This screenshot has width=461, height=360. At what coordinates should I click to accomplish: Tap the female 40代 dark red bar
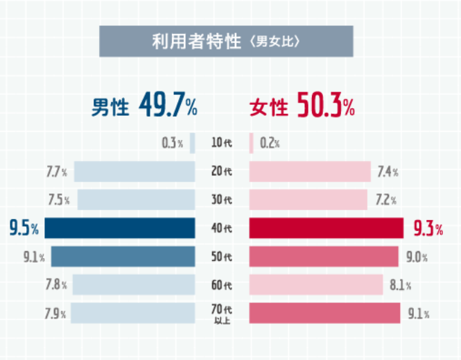pyautogui.click(x=326, y=228)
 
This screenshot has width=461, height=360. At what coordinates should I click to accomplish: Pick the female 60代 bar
pyautogui.click(x=315, y=284)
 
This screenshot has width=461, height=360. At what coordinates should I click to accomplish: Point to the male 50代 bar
pyautogui.click(x=123, y=256)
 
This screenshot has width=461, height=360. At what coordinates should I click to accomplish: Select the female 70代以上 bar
pyautogui.click(x=324, y=313)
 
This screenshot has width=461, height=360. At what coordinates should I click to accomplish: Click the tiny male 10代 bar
pyautogui.click(x=192, y=143)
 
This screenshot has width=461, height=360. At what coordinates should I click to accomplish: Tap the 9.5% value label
pyautogui.click(x=24, y=228)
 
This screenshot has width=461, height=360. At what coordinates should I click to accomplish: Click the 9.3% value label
pyautogui.click(x=427, y=228)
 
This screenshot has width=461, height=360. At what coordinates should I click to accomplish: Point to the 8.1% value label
pyautogui.click(x=399, y=284)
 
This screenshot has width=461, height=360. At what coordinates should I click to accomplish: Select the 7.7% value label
pyautogui.click(x=56, y=171)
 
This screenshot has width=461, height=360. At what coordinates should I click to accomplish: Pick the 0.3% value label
pyautogui.click(x=171, y=143)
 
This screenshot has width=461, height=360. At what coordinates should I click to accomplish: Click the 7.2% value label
pyautogui.click(x=385, y=200)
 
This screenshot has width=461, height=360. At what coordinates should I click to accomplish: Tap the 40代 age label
pyautogui.click(x=221, y=228)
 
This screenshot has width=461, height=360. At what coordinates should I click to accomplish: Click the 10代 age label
pyautogui.click(x=221, y=143)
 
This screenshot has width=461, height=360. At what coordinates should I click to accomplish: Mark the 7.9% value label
pyautogui.click(x=55, y=313)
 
